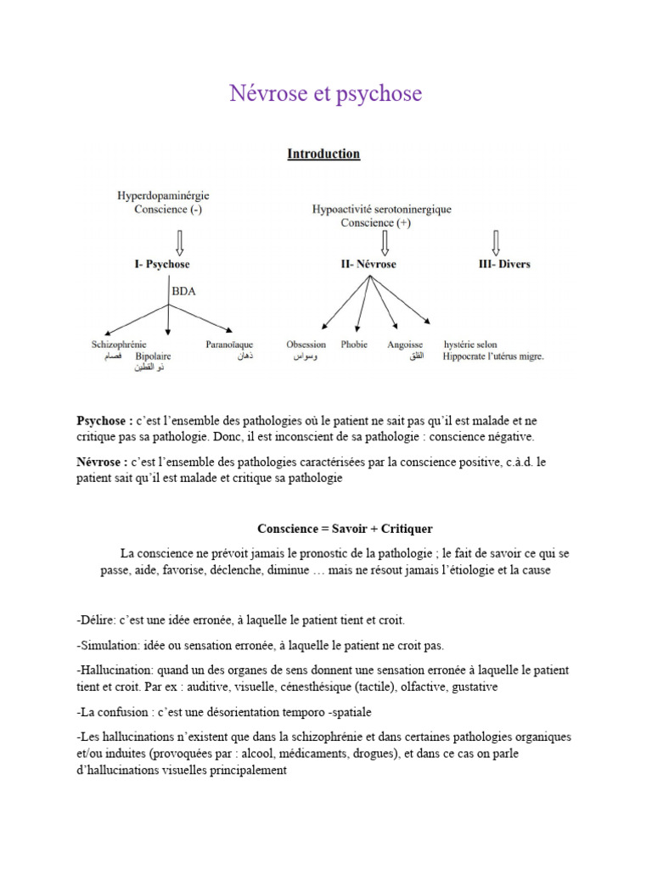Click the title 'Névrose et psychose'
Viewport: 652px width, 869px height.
[325, 93]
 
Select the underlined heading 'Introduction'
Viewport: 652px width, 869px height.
[323, 154]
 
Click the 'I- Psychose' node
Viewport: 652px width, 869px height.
[162, 264]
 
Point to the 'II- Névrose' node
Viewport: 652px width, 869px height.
[368, 264]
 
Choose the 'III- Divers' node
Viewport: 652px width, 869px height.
[504, 264]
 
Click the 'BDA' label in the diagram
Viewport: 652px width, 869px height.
[183, 290]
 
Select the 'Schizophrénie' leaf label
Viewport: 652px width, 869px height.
[120, 345]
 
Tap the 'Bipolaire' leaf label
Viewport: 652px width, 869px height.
[153, 356]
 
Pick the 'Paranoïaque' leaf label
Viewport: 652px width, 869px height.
[230, 345]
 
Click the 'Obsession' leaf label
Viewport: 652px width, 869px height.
[306, 345]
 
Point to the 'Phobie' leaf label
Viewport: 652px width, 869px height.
[354, 345]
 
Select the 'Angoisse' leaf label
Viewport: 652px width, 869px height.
[405, 345]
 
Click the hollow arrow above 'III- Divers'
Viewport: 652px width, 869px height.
[497, 238]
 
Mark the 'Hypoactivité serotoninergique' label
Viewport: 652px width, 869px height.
[382, 209]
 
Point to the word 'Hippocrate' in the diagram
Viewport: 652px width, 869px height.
[469, 357]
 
